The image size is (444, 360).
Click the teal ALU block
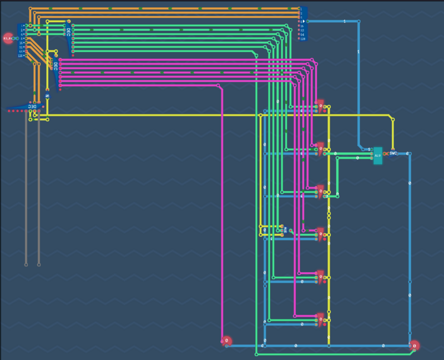pos(378,156)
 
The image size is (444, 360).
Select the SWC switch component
pos(393,153)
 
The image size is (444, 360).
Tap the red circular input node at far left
pos(8,38)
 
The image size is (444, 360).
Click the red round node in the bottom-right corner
pos(414,346)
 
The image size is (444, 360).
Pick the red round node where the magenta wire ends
pos(226,341)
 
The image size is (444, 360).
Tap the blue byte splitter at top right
pos(303,23)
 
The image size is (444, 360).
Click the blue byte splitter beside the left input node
pos(22,40)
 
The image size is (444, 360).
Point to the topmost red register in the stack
pos(320,105)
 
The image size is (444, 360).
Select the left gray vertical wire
pos(26,189)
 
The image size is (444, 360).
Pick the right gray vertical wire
pos(39,189)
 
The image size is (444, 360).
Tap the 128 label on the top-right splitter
pos(302,39)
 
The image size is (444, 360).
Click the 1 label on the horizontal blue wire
pos(344,21)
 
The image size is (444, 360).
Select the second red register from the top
pos(320,147)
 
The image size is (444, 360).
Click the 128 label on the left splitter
pos(20,56)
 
